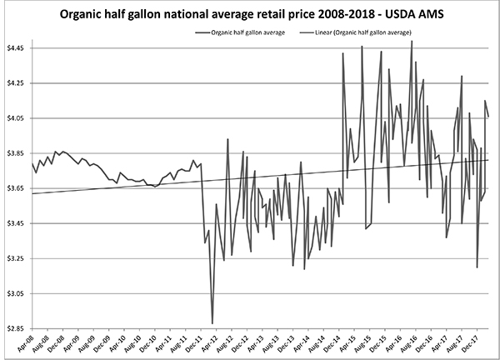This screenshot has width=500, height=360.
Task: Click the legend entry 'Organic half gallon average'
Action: pyautogui.click(x=242, y=32)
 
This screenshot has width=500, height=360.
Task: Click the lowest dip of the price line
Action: pyautogui.click(x=212, y=322)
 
